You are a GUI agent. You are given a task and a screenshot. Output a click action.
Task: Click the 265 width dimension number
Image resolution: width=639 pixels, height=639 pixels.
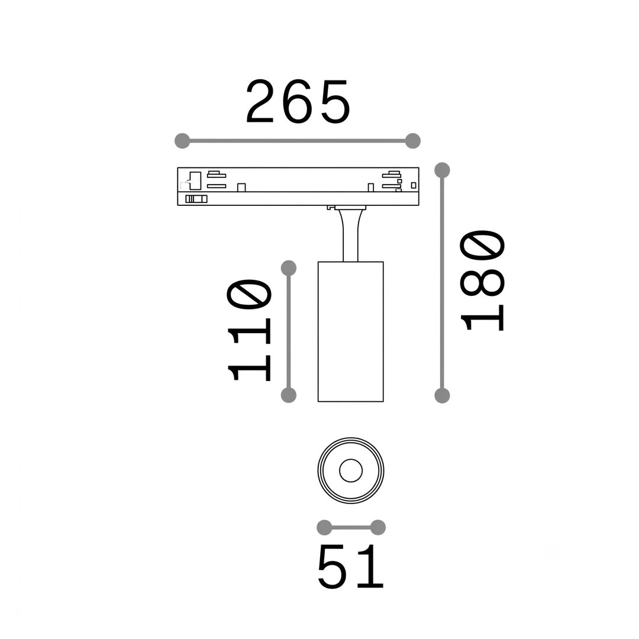[x=298, y=102]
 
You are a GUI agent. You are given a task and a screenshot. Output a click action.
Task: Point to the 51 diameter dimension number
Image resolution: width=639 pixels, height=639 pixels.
[x=350, y=566]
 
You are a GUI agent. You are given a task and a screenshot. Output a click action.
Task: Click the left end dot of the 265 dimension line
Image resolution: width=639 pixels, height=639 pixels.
[x=182, y=141]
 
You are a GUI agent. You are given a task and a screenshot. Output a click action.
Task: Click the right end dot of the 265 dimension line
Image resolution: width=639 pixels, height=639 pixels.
[x=413, y=141]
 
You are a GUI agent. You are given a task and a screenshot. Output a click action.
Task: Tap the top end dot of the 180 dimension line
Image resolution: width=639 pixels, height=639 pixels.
[x=442, y=170]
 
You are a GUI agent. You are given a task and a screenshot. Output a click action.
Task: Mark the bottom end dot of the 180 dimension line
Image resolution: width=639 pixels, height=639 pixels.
[x=442, y=395]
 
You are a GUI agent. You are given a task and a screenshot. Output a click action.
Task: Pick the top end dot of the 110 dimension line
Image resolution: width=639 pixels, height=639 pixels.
[x=289, y=268]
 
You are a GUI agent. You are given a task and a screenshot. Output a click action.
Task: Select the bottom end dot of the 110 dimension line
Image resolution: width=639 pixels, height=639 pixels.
[x=289, y=395]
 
